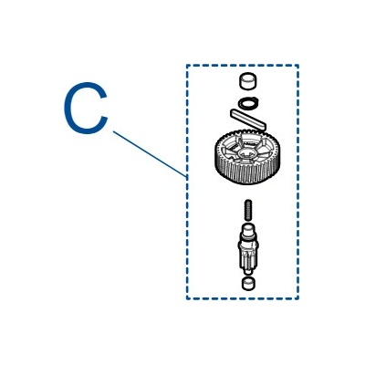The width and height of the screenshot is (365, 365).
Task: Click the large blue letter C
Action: point(66,108)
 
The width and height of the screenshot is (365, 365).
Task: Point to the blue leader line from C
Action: point(150,154)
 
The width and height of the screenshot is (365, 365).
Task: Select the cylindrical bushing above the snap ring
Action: point(247,81)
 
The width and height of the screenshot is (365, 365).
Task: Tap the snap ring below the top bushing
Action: point(248,103)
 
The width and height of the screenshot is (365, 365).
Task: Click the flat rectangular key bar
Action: point(248,120)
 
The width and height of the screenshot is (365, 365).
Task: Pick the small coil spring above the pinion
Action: point(248,210)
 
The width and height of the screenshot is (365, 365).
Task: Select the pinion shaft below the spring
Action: point(247,249)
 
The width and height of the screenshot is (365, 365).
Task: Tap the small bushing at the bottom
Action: point(248,283)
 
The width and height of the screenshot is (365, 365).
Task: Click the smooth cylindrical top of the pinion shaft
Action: point(247,230)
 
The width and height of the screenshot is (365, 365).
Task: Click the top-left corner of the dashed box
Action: point(187,66)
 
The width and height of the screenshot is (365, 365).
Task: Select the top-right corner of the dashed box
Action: point(298,66)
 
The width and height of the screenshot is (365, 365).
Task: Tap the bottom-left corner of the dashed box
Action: point(187,298)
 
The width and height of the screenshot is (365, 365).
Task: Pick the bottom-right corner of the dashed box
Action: point(298,298)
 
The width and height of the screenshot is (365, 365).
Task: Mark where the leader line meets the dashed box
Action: point(186,177)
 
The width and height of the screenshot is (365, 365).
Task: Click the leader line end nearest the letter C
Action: point(113,131)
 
